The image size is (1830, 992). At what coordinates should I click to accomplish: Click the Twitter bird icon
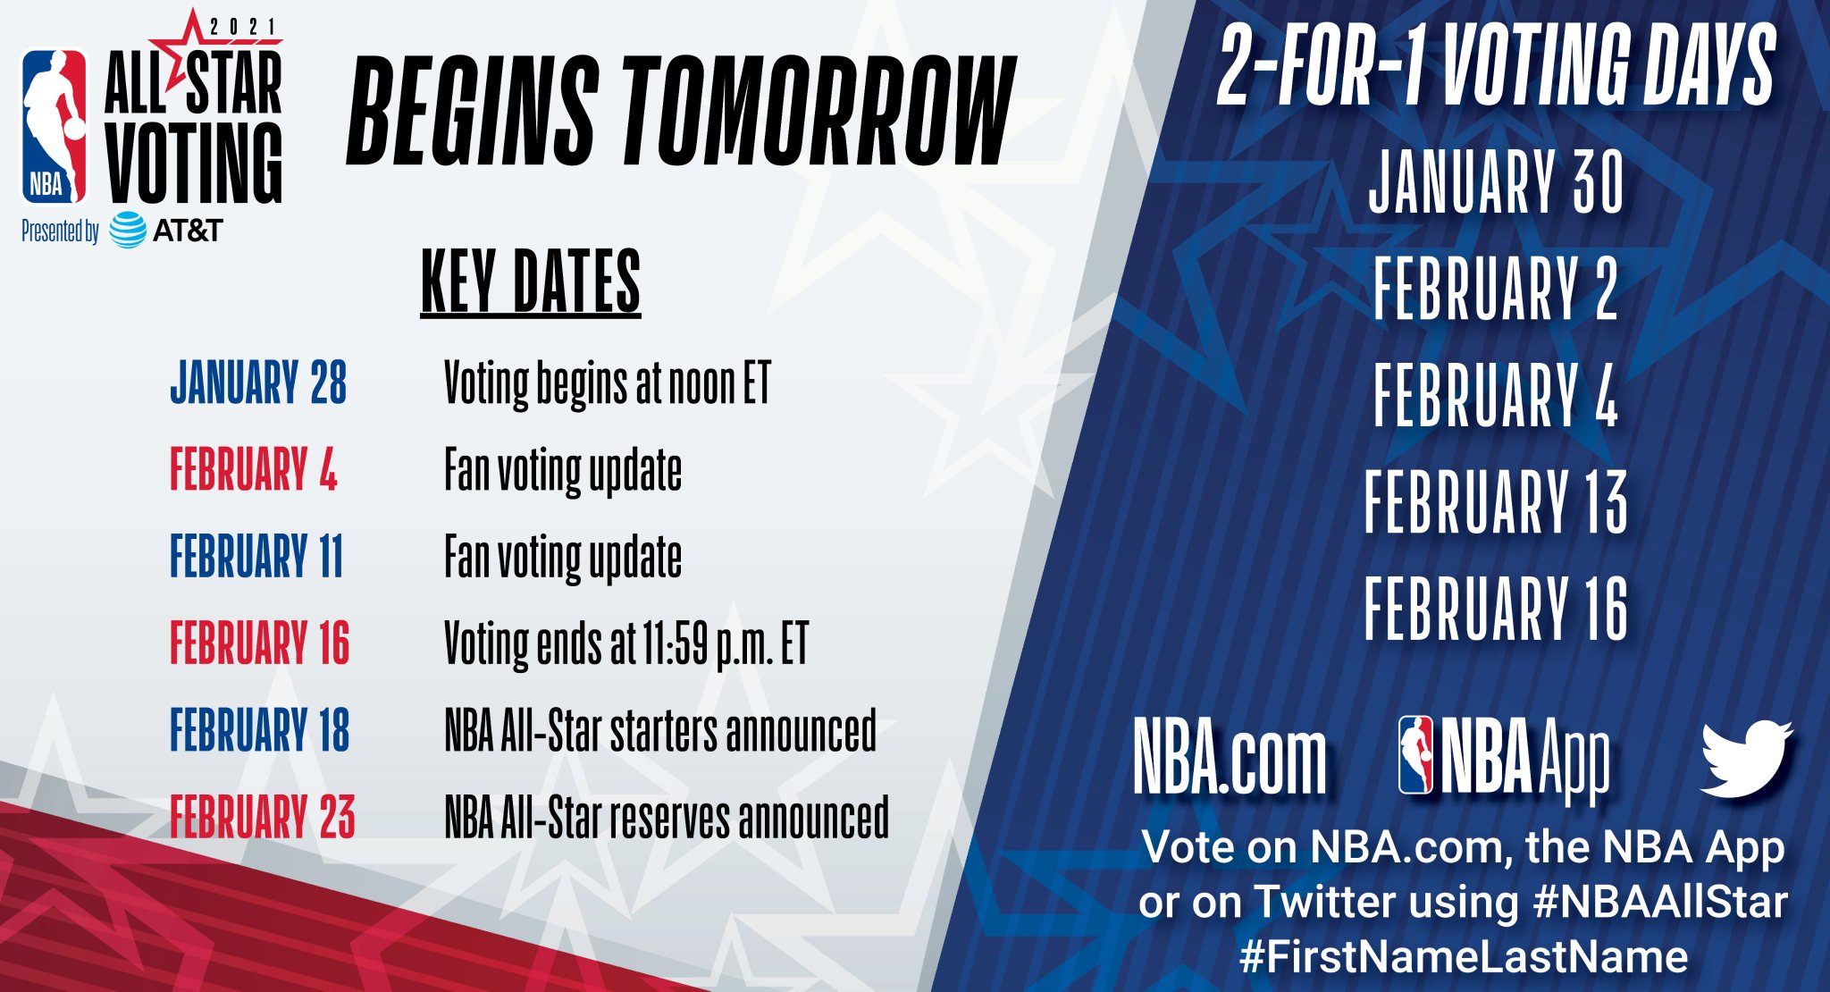tap(1746, 758)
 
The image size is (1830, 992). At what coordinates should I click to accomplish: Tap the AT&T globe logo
tap(128, 231)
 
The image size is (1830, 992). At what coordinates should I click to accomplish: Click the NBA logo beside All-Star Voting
tap(55, 126)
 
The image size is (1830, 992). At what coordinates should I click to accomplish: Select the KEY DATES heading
tap(531, 282)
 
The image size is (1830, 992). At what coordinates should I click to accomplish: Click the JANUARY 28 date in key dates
tap(258, 383)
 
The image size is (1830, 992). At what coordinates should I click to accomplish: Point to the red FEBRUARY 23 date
tap(263, 817)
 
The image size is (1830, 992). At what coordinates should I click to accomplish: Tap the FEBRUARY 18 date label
tap(260, 730)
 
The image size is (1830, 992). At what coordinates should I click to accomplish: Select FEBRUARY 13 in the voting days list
tap(1496, 501)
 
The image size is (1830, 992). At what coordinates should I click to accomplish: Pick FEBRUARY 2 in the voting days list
tap(1496, 288)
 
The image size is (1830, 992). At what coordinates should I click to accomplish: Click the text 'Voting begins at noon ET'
tap(608, 384)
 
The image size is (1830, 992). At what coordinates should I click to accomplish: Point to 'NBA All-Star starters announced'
tap(660, 731)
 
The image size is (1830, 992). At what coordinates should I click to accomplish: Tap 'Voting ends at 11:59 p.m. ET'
tap(626, 644)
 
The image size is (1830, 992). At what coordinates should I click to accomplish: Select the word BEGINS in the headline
tap(472, 111)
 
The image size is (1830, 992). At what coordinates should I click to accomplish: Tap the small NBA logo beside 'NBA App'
tap(1415, 755)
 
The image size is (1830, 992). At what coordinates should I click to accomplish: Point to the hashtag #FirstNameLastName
tap(1464, 956)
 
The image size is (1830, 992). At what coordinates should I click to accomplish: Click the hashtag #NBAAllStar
tap(1660, 902)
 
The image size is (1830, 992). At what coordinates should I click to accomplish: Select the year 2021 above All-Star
tap(243, 27)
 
